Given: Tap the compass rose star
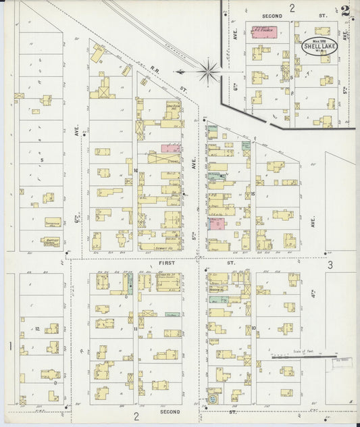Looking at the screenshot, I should (x=209, y=70).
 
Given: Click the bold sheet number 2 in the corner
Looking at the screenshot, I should (x=346, y=10).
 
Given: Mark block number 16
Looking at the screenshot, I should (x=136, y=171).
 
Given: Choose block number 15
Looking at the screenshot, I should (x=253, y=194).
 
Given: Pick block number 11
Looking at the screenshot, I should (x=136, y=328).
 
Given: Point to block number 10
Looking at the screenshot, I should (x=253, y=328).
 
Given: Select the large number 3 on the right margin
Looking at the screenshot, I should (x=330, y=266).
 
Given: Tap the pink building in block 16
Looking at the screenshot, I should (x=170, y=148).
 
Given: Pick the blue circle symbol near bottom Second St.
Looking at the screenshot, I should (x=213, y=399).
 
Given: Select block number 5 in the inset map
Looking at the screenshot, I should (x=292, y=78).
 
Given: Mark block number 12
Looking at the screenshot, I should (x=38, y=329).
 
